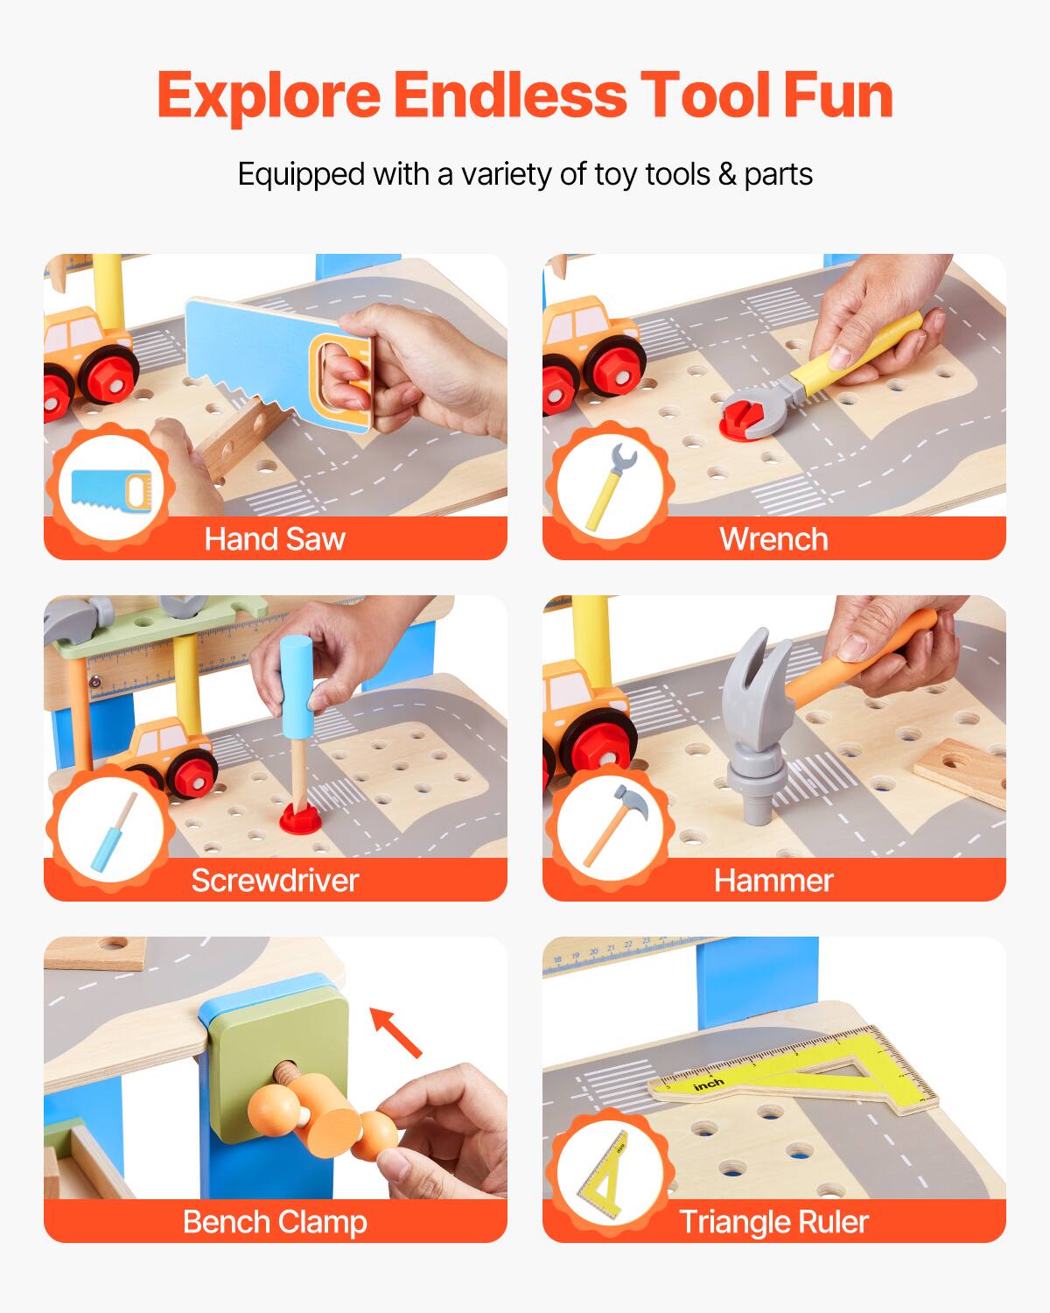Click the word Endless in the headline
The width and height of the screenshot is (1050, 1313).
pos(510,95)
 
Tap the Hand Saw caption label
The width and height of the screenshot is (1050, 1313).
pos(275,539)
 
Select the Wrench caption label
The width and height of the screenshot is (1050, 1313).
pos(773,539)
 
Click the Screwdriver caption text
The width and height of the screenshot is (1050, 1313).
pos(275,881)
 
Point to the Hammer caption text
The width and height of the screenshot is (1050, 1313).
pos(773,881)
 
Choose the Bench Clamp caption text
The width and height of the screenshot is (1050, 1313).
pos(275,1222)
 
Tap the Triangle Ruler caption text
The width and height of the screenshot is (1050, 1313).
pos(773,1222)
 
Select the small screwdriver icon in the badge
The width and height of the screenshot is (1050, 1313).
pos(112,832)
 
